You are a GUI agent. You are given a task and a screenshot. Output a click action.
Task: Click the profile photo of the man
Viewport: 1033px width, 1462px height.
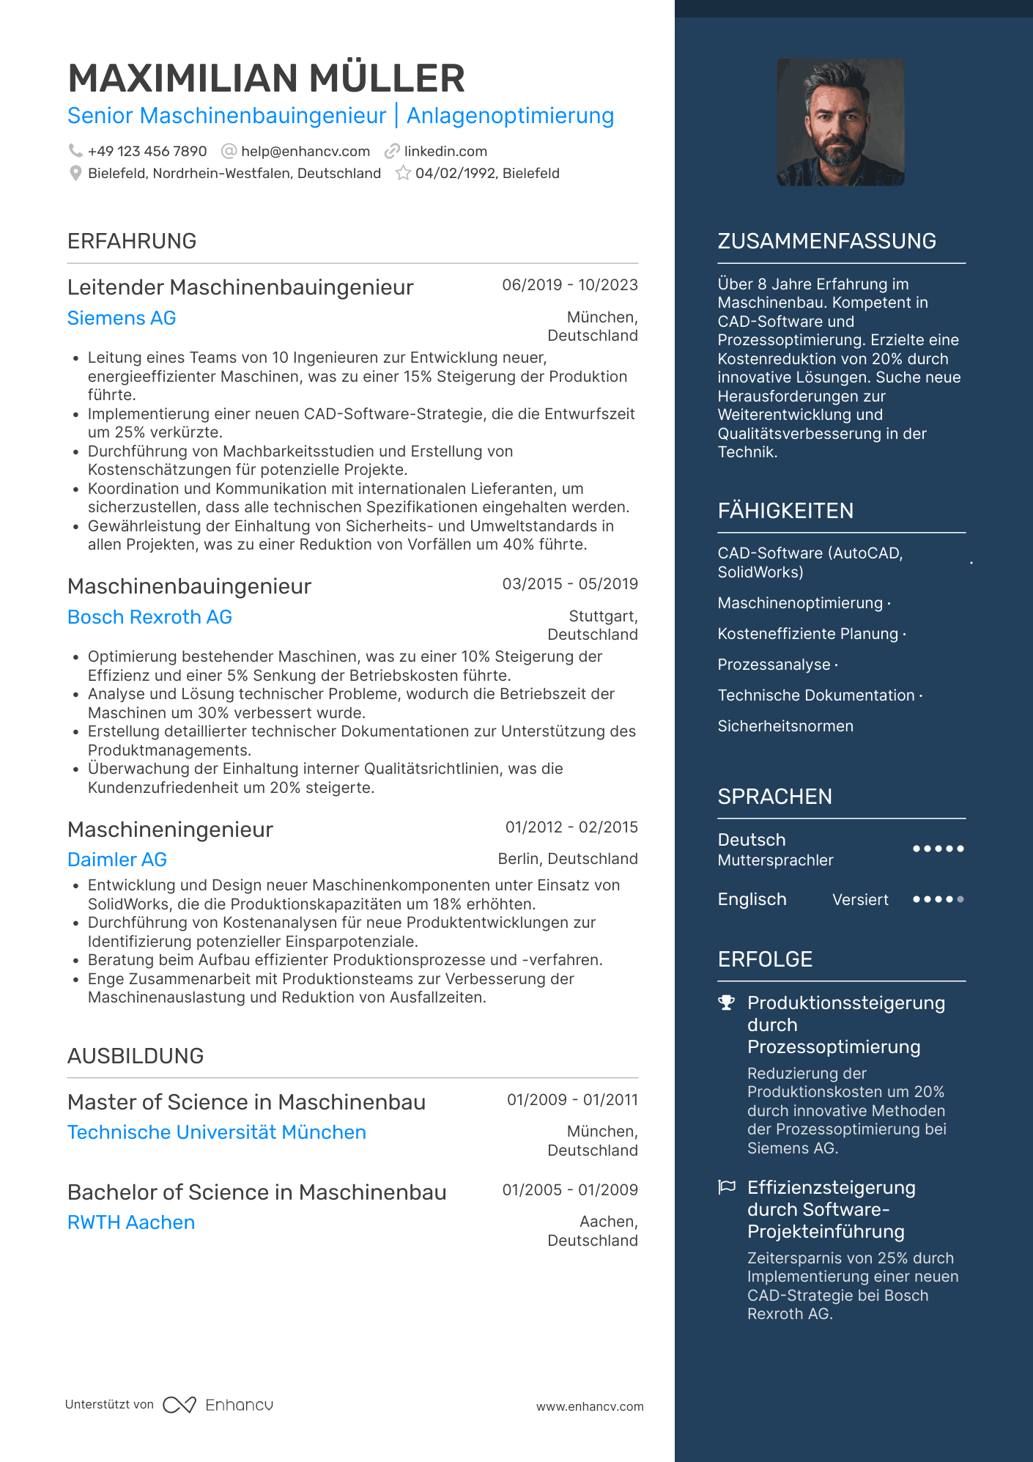point(840,122)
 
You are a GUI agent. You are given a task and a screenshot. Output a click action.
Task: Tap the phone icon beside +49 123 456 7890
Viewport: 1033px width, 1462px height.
point(75,151)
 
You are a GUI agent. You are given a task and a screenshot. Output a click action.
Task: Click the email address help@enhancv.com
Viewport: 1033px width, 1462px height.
point(305,152)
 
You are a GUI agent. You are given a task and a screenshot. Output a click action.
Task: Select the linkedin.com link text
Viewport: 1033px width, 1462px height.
point(445,152)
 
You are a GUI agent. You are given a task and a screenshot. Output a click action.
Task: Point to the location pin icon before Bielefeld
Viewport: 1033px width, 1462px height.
point(75,174)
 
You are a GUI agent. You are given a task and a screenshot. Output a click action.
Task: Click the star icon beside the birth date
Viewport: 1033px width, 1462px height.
point(403,174)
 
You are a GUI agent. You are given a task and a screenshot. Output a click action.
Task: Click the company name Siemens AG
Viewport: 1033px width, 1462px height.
point(122,319)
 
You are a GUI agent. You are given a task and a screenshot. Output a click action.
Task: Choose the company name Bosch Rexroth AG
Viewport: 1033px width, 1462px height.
point(149,618)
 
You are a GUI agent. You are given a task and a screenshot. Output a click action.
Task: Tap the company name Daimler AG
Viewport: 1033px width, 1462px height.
point(117,860)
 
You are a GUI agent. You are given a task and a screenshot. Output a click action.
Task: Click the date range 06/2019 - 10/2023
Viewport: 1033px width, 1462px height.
point(569,285)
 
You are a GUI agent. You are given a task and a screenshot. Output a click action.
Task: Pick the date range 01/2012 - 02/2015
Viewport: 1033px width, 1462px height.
point(571,827)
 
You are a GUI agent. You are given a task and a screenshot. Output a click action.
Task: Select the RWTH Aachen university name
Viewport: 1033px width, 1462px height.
point(131,1223)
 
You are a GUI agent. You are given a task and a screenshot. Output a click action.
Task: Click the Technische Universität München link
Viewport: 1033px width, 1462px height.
point(216,1133)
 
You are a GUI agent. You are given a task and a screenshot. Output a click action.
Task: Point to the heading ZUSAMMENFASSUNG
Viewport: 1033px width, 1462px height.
point(826,242)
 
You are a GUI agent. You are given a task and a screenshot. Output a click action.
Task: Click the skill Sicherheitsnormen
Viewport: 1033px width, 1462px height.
point(785,726)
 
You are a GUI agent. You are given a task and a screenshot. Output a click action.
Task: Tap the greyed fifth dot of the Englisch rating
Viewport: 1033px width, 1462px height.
point(960,899)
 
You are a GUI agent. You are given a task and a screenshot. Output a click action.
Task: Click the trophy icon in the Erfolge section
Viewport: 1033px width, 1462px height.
point(726,1003)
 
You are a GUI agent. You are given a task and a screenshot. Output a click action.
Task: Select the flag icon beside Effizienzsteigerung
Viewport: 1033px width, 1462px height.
point(726,1187)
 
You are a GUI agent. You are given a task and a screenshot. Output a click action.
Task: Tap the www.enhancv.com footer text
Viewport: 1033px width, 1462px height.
point(589,1407)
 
